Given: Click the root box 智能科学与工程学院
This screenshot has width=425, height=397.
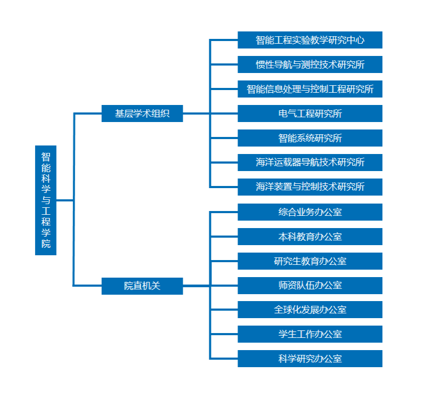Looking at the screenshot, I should pos(46,200).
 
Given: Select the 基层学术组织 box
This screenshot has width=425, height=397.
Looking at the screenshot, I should pos(142,114).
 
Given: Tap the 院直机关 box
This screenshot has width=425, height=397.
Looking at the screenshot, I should pos(142,286).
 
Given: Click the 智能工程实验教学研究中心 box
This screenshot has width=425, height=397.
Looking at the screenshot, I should pos(310,40).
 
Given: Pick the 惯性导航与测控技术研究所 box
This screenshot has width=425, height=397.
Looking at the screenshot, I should pos(310,64).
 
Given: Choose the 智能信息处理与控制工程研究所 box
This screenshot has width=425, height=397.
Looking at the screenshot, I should pos(310,89).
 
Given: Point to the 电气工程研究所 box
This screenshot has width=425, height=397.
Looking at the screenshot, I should pos(310,114).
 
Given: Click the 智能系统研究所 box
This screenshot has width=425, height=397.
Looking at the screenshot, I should pos(310,138).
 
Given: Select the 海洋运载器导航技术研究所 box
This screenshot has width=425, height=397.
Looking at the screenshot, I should pos(310,162).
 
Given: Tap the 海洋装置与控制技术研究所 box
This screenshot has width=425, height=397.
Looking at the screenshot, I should pos(310,187).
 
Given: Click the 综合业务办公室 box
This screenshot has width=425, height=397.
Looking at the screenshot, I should pos(310,212).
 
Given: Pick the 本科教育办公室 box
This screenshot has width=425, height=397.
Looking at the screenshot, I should pos(310,237).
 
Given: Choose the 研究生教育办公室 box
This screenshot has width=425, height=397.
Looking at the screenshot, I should pos(310,261).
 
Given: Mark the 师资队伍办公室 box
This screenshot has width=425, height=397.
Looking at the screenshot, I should pos(310,285).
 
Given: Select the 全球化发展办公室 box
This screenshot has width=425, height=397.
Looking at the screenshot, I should pos(310,310).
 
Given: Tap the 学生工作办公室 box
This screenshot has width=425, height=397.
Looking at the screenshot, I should pos(310,334).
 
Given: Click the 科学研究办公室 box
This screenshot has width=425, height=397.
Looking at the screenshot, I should pos(310,359).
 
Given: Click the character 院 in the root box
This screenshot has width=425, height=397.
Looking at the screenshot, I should pos(46,244).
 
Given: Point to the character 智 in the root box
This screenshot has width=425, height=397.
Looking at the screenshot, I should pos(46,157).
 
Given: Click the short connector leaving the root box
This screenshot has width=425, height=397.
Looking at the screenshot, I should pos(64,200).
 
